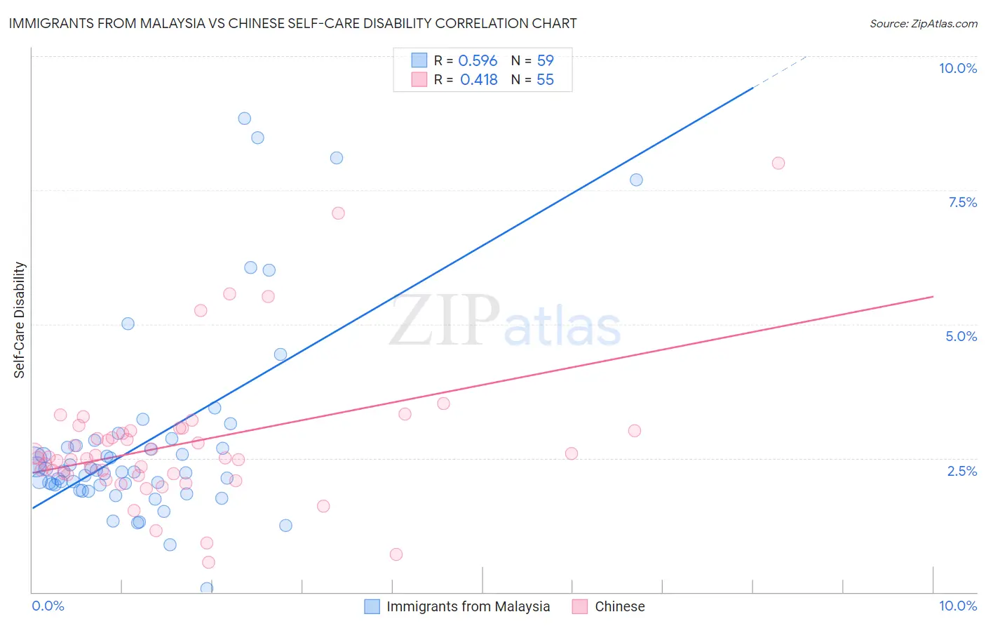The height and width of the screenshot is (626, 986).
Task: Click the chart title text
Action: [x=292, y=23]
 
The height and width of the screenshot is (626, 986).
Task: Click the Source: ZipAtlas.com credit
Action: [x=923, y=23]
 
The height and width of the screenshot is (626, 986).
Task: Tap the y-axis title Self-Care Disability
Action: [x=20, y=320]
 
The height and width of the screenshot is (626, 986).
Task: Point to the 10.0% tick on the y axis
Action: [x=957, y=68]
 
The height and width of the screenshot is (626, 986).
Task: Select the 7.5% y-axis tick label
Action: [x=962, y=202]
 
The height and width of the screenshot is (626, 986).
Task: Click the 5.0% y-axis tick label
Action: [x=961, y=336]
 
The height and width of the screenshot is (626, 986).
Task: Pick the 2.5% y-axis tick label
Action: [x=961, y=471]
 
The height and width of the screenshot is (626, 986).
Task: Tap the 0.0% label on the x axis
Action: [x=48, y=606]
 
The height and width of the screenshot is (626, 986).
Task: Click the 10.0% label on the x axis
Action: [x=957, y=606]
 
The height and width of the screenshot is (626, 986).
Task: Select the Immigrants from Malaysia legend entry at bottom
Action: [x=457, y=606]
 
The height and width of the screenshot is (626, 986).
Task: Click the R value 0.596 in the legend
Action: [x=478, y=61]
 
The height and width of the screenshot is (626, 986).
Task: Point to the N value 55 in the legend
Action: [x=545, y=80]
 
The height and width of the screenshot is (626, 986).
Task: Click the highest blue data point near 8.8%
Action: [x=244, y=119]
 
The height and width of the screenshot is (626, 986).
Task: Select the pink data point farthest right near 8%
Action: [x=778, y=164]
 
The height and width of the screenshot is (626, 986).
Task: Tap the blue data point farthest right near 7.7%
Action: [x=636, y=180]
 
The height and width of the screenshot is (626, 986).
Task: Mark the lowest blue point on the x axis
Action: [x=206, y=588]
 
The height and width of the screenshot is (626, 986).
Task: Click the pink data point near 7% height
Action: [x=338, y=213]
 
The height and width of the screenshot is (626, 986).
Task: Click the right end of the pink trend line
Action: [x=933, y=297]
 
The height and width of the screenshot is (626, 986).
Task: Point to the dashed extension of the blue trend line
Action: [x=780, y=71]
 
